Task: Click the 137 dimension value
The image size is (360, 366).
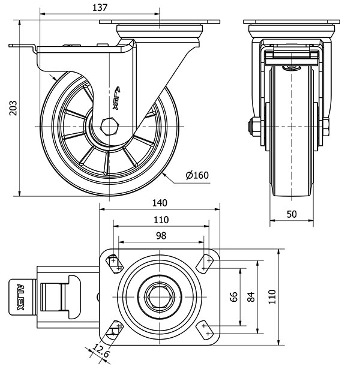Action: click(100, 7)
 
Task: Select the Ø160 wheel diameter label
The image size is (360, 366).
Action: click(197, 175)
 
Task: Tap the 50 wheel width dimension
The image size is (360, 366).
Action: click(292, 214)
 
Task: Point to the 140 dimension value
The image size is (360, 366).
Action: click(160, 203)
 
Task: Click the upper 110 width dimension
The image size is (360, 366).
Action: click(160, 220)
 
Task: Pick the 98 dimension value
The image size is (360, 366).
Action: click(160, 236)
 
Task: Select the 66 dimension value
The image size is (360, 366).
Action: click(235, 296)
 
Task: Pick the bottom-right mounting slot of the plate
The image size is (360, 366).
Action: click(207, 328)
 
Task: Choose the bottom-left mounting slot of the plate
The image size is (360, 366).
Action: click(113, 328)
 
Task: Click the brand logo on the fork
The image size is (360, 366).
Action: click(118, 96)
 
